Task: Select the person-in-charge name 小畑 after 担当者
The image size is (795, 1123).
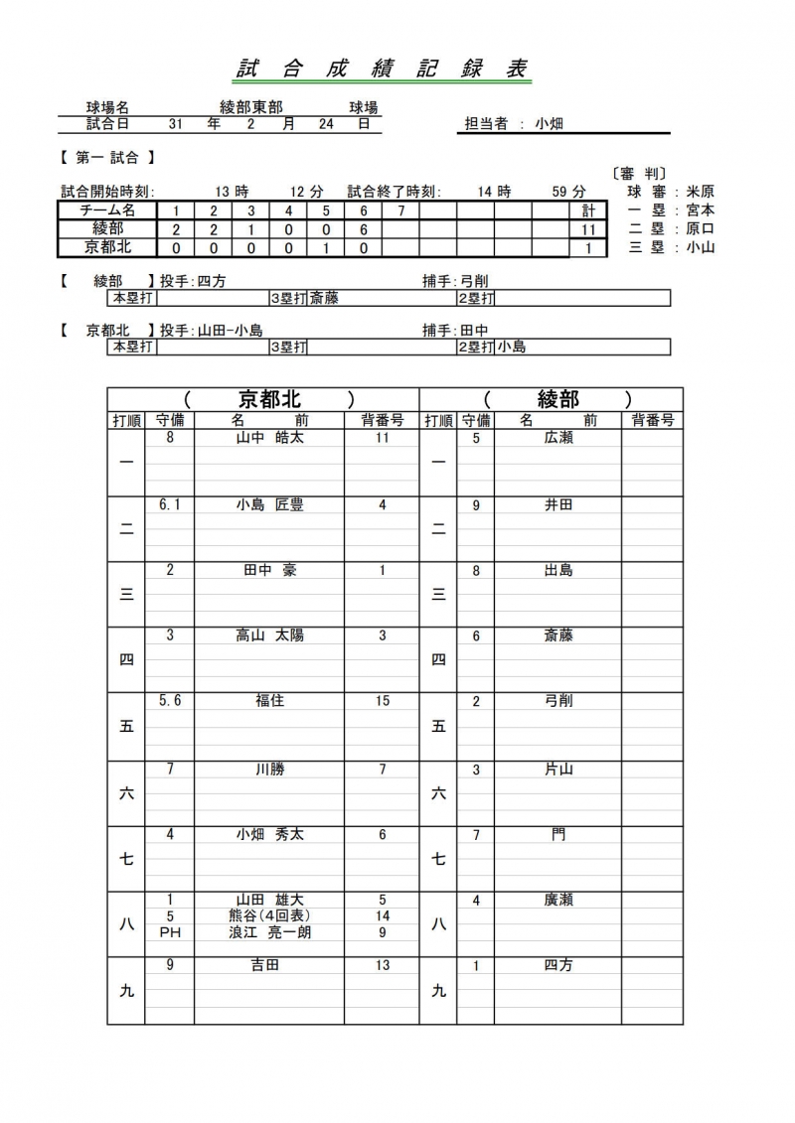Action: tap(549, 124)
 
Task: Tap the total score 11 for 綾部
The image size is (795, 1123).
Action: tap(588, 229)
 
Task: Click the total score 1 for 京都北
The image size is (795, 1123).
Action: tap(588, 248)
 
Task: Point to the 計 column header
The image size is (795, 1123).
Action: tap(588, 211)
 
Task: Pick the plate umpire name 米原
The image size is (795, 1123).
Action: tap(700, 192)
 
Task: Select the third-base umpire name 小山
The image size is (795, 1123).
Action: tap(700, 248)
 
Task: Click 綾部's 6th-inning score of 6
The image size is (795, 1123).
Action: tap(364, 229)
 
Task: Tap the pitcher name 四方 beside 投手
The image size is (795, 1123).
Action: tap(212, 281)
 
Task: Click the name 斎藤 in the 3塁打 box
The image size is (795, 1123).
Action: tap(324, 297)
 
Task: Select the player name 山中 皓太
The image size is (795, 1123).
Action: tap(269, 437)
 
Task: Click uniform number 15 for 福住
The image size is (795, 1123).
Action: tap(383, 701)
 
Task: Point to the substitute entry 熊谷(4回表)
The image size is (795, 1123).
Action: tap(269, 916)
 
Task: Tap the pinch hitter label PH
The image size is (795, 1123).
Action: tap(170, 932)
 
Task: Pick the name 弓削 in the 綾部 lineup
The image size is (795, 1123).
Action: tap(558, 701)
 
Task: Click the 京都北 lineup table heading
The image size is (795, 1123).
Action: tap(269, 399)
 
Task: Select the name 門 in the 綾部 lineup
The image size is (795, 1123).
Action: tap(558, 834)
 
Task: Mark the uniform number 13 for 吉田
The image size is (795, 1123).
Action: tap(383, 965)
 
